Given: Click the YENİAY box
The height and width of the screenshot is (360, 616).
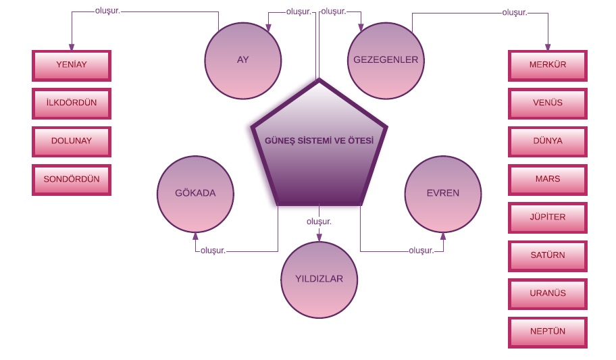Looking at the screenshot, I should coord(72,66).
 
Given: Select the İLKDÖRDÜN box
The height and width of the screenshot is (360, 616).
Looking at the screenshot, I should coord(72,103).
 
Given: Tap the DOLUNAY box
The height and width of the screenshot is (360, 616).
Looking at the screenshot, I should coord(72,141).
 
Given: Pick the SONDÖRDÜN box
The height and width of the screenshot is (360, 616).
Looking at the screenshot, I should coord(72,180).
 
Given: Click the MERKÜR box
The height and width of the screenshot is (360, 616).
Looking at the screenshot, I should coord(547,66).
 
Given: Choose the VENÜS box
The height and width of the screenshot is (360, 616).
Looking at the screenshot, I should coord(547,103).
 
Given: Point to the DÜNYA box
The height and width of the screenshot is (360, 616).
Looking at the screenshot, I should coord(547,142).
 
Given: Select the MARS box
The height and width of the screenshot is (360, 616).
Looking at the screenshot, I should coord(547,180).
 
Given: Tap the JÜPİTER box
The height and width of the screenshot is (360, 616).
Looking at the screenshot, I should coord(547,217).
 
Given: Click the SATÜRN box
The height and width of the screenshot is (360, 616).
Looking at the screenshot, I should coord(547,255).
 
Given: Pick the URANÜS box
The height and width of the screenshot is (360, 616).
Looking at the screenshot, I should coord(547,294).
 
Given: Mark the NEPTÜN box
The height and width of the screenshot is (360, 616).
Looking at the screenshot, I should coord(547,332).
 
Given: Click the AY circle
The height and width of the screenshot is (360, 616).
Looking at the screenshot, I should coord(243,60).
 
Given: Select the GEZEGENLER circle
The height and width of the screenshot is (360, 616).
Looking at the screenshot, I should coord(386,60).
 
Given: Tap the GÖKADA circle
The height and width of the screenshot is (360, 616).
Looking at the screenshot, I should coord(195,194).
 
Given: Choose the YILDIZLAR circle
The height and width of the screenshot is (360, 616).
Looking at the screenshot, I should coord(319,279).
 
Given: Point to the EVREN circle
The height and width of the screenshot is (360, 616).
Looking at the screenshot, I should coord(443,194).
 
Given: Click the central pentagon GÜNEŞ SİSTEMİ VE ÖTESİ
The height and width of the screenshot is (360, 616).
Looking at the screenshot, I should coord(319,145).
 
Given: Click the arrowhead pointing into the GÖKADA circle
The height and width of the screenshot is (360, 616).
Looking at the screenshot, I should coord(195,236).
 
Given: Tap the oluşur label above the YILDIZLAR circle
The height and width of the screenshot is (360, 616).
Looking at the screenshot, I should coord(319,222).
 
